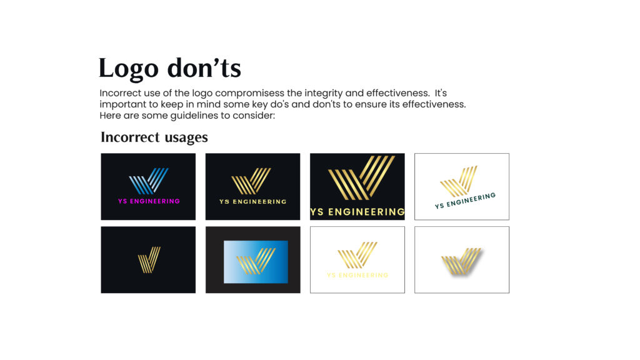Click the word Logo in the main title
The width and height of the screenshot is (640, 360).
[x=128, y=68]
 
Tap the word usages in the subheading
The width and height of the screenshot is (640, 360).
[x=186, y=138]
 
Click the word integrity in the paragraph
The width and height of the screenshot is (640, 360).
[x=323, y=94]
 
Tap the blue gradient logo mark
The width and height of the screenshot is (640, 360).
[x=149, y=181]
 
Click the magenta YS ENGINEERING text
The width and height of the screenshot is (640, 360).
[x=149, y=201]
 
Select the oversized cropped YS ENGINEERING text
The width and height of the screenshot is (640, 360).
[x=357, y=212]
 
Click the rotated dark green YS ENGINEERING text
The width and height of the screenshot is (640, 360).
[x=465, y=201]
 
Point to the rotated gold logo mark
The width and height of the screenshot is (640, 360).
[x=459, y=181]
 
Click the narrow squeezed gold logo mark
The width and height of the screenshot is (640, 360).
[x=149, y=259]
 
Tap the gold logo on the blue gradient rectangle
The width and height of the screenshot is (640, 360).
[x=256, y=261]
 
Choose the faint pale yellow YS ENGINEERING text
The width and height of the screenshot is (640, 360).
[x=357, y=275]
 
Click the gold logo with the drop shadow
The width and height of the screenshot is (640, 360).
[x=462, y=261]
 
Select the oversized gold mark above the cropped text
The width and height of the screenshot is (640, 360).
[x=361, y=177]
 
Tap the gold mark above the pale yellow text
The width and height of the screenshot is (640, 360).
[x=357, y=255]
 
